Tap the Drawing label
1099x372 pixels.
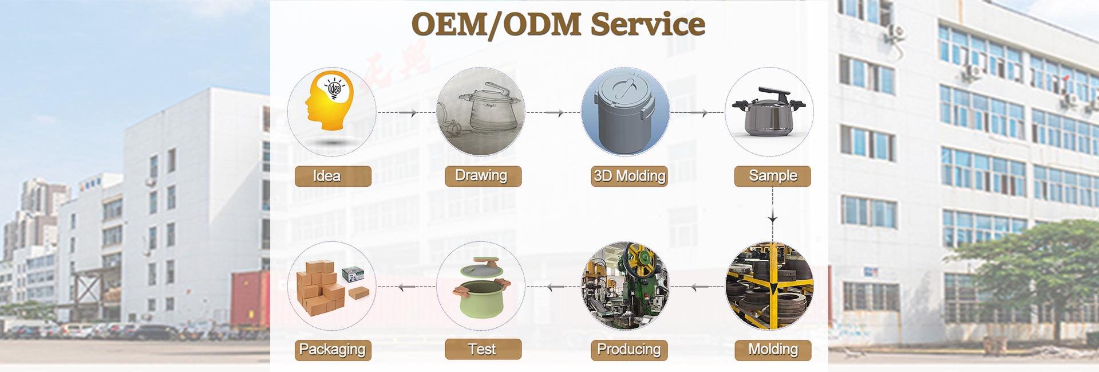[483, 176]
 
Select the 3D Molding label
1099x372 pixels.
[629, 176]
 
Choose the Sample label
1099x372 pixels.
[772, 176]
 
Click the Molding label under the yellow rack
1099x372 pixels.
[772, 349]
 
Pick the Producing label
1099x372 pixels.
[628, 349]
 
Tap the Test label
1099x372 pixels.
[483, 349]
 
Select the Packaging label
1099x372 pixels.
[333, 349]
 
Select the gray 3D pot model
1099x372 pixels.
[624, 112]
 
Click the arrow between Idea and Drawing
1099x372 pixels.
[410, 113]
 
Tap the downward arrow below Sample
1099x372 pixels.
[773, 218]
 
